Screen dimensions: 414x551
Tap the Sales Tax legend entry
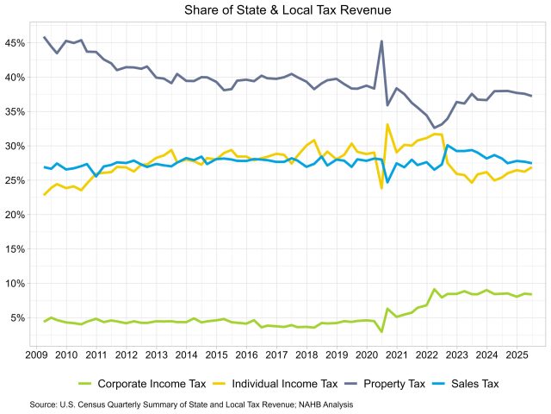pos(487,383)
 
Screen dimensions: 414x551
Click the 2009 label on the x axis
pos(36,354)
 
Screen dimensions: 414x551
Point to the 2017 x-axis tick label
pos(276,354)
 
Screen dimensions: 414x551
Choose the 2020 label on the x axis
pos(366,354)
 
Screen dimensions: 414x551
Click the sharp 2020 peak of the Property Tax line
pos(381,41)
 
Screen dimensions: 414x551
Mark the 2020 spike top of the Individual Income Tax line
pos(388,124)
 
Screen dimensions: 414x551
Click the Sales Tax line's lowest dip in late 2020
pos(388,182)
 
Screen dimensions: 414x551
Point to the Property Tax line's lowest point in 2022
pos(434,127)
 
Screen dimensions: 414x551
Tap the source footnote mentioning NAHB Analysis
pos(191,404)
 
